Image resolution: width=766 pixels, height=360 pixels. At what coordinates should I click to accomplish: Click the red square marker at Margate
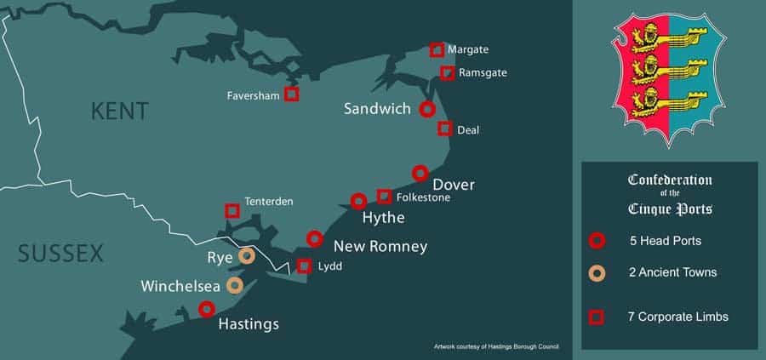(x=437, y=50)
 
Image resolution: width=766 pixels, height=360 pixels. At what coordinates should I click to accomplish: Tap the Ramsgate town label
(x=483, y=73)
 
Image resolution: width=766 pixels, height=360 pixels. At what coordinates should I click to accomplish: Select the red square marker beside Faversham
(x=291, y=94)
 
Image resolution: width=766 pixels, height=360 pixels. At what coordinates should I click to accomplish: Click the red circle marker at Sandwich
(x=427, y=109)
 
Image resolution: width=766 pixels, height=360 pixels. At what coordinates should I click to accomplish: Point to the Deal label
(x=468, y=130)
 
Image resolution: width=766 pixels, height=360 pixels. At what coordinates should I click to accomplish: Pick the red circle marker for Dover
(x=420, y=173)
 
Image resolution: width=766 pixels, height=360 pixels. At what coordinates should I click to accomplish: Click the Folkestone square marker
(x=384, y=197)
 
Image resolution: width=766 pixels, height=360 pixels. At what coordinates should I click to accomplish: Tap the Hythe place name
(x=383, y=219)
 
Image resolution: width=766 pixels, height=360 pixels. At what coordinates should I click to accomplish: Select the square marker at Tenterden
(x=232, y=210)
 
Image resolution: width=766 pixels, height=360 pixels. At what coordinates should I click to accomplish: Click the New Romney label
(x=380, y=247)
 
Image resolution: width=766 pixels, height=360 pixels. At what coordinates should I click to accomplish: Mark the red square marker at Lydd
(x=304, y=266)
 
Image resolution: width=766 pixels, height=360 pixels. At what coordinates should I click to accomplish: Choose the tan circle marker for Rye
(x=247, y=255)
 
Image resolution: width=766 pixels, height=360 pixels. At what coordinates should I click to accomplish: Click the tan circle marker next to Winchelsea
(x=234, y=285)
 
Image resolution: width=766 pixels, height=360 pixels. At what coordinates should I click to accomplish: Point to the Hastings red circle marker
(x=206, y=309)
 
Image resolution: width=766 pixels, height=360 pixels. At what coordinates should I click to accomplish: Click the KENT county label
(x=119, y=111)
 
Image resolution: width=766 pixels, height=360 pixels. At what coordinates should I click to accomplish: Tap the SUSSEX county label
(x=60, y=253)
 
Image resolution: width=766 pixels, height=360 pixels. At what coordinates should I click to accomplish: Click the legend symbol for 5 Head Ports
(x=597, y=241)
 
